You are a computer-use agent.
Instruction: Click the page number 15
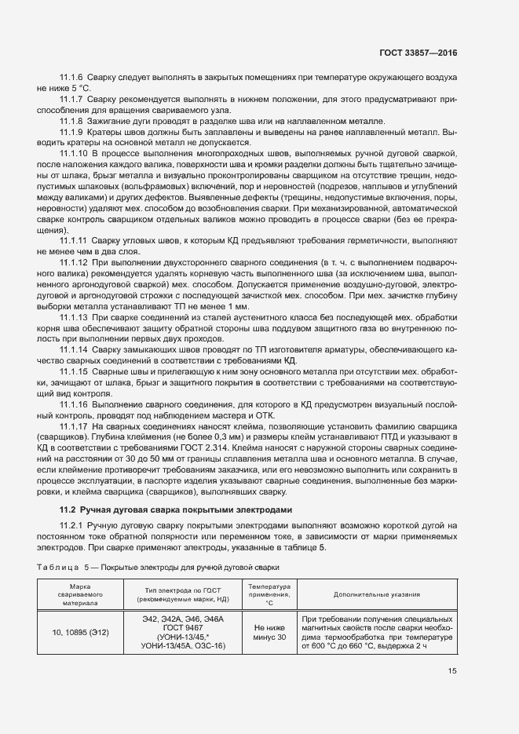click(x=452, y=671)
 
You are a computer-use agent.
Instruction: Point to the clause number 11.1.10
click(x=73, y=152)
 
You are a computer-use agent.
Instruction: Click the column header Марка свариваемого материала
click(x=80, y=594)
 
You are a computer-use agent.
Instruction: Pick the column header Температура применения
click(x=269, y=594)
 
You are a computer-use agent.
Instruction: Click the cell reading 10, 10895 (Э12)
click(x=80, y=632)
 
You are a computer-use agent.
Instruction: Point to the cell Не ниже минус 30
click(x=269, y=632)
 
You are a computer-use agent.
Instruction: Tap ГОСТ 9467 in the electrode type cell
click(x=182, y=627)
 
